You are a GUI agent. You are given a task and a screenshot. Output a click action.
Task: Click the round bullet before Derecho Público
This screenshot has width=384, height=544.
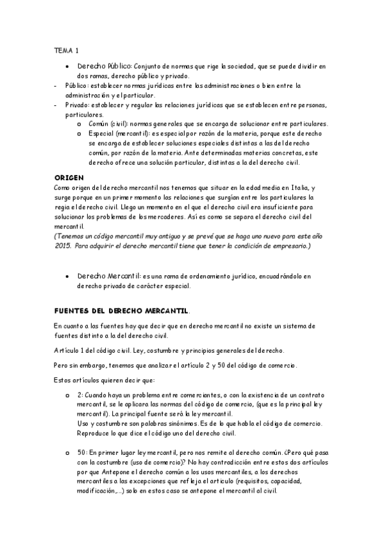point(67,66)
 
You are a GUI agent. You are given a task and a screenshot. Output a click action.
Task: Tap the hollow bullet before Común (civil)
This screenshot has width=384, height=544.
point(79,124)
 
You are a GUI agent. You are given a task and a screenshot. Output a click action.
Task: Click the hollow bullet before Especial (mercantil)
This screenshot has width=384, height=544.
point(79,133)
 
